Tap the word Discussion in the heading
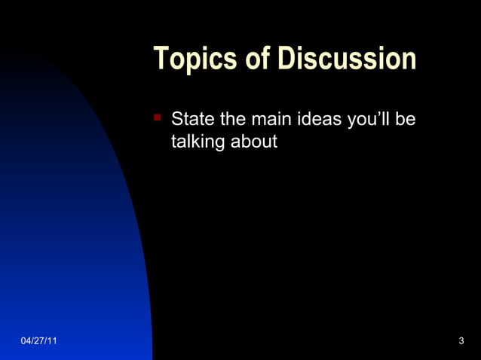pos(346,59)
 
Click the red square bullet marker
pos(158,117)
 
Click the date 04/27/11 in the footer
pos(38,342)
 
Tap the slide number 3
pos(461,342)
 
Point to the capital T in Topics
pos(161,59)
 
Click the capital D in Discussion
pos(286,59)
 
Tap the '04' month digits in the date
pos(26,342)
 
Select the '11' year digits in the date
pos(51,342)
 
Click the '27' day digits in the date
pos(38,342)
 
